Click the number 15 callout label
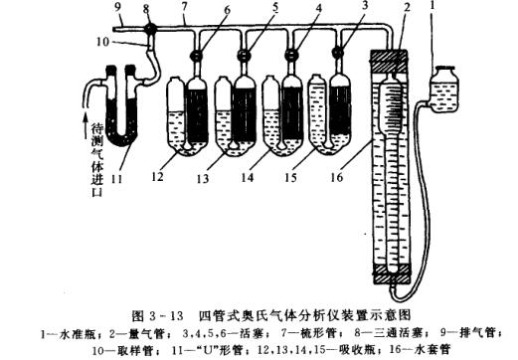(302, 178)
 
